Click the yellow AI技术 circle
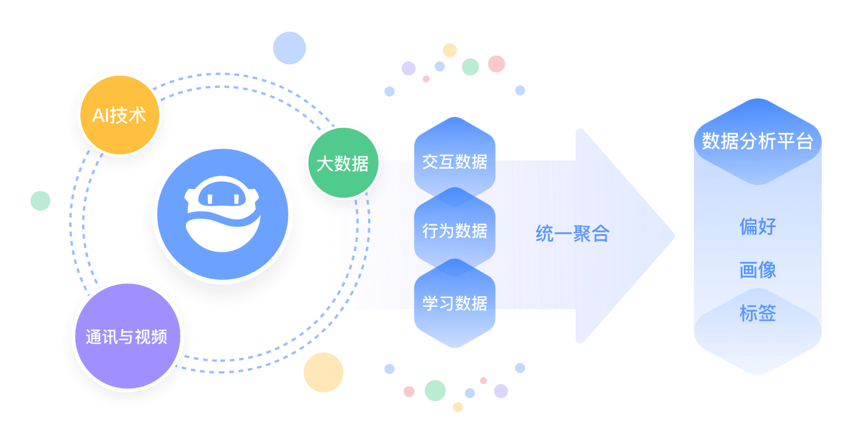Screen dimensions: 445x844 (x=119, y=115)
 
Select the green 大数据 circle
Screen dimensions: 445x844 (x=343, y=163)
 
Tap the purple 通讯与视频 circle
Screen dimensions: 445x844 (x=126, y=337)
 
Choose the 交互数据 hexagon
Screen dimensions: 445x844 (x=455, y=162)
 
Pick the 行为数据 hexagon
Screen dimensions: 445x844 (x=455, y=231)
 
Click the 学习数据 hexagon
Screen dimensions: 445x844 (x=455, y=303)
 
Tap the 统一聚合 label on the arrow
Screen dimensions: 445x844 (x=572, y=234)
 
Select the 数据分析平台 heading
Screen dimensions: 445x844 (x=757, y=142)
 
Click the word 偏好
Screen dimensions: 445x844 (x=757, y=227)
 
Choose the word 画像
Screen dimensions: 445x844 (x=757, y=271)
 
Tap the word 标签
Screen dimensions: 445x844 (x=757, y=314)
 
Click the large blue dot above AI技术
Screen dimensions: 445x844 (x=290, y=48)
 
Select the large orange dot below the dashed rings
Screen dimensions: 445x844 (x=323, y=372)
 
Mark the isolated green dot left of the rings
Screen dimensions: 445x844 (x=40, y=201)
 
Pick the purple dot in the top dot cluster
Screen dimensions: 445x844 (x=409, y=68)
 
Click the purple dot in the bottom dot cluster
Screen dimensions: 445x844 (x=501, y=391)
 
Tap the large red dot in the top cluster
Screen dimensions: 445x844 (x=496, y=63)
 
